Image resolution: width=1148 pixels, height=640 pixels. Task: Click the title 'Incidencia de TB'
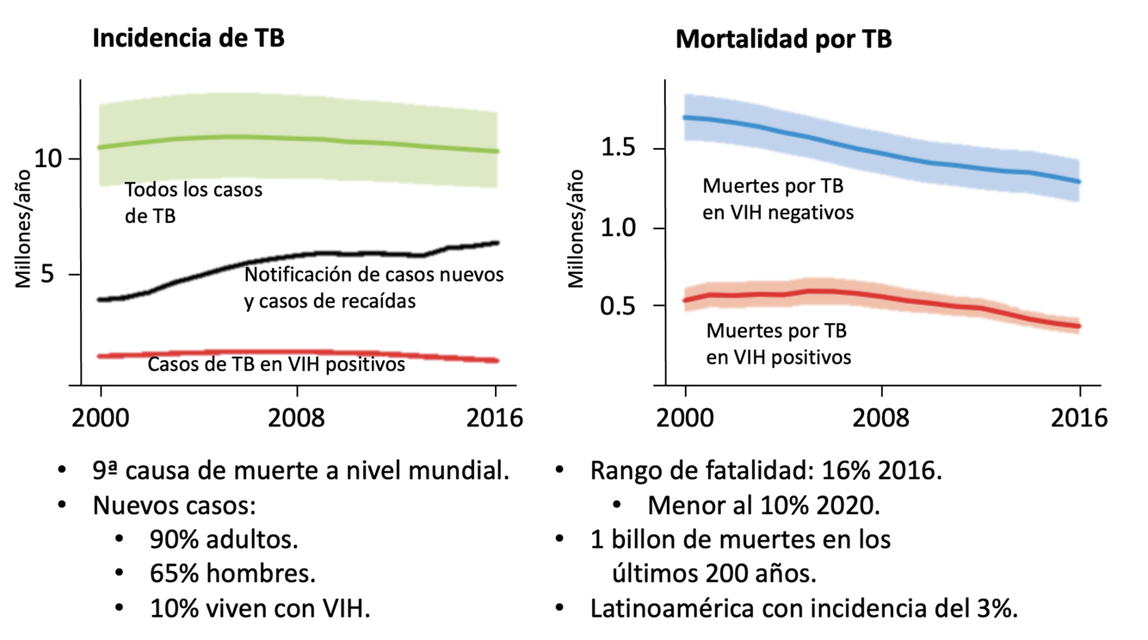[188, 39]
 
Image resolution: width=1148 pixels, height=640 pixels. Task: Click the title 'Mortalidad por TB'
[783, 39]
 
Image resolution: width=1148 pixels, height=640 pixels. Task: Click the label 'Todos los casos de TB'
[193, 203]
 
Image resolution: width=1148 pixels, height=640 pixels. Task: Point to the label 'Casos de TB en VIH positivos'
[276, 364]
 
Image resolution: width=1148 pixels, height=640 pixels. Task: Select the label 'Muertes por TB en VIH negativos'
[778, 198]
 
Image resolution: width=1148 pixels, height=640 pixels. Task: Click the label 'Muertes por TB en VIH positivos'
[778, 343]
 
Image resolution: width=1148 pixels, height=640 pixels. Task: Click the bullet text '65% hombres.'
[232, 574]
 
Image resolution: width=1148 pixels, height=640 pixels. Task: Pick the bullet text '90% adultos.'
[224, 540]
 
